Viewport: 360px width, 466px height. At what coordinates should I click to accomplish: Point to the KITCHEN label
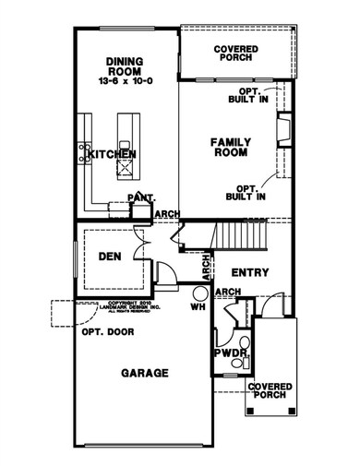pos(113,153)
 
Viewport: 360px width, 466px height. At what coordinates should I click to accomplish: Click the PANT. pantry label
pos(140,197)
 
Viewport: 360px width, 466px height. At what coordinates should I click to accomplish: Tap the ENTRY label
pos(249,272)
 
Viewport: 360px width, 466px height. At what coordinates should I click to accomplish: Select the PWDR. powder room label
pos(230,352)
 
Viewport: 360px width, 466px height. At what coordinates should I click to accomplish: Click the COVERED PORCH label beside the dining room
pos(235,52)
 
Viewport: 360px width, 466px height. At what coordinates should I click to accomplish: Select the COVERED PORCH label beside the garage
pos(275,389)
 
